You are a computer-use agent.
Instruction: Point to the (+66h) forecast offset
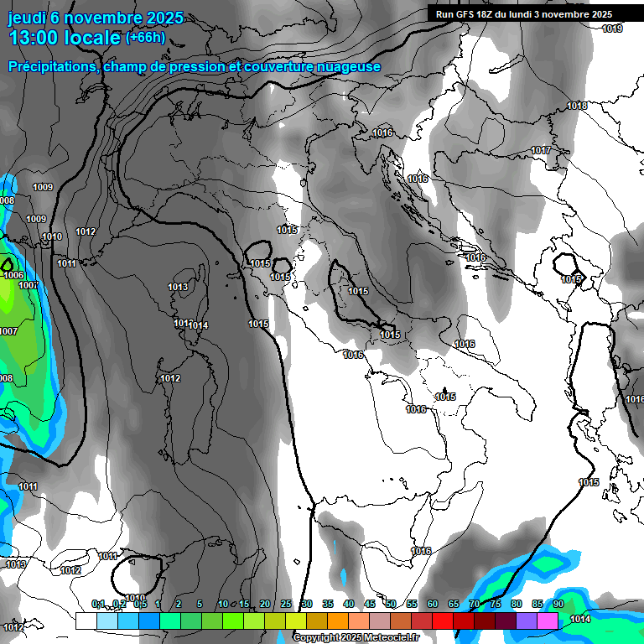pyautogui.click(x=145, y=37)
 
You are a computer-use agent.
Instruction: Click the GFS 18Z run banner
pyautogui.click(x=524, y=14)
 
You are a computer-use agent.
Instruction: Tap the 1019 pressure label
pyautogui.click(x=612, y=29)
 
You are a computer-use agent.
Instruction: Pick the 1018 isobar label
pyautogui.click(x=577, y=106)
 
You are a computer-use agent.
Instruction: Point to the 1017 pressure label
pyautogui.click(x=541, y=150)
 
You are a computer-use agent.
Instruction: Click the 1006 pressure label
pyautogui.click(x=13, y=275)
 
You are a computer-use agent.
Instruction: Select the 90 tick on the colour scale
pyautogui.click(x=558, y=605)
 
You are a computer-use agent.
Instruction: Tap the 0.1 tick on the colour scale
pyautogui.click(x=98, y=605)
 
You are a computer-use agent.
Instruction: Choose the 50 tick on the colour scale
pyautogui.click(x=391, y=605)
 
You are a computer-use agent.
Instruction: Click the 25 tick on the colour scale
pyautogui.click(x=286, y=605)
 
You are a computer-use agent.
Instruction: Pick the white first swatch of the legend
pyautogui.click(x=86, y=621)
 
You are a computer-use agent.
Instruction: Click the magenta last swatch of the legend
pyautogui.click(x=548, y=621)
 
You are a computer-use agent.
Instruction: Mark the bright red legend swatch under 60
pyautogui.click(x=443, y=621)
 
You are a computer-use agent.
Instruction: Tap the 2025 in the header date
pyautogui.click(x=143, y=18)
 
